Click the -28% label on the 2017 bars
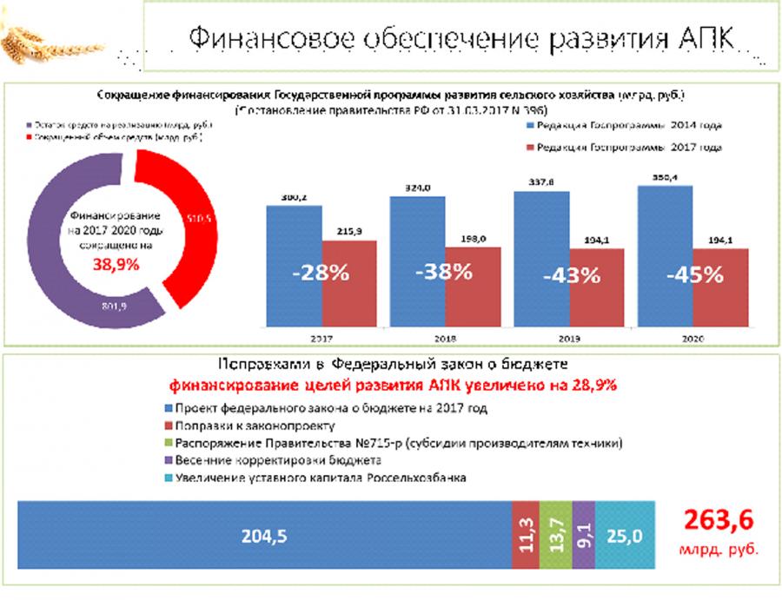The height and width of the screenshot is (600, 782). click(321, 273)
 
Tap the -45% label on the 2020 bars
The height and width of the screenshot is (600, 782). click(694, 274)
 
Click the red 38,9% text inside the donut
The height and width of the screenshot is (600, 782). click(116, 267)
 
